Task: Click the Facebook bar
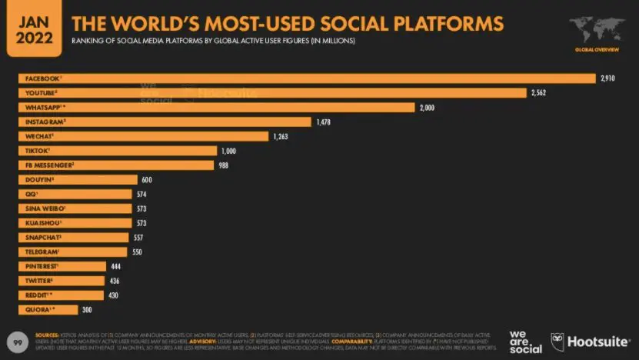(x=308, y=78)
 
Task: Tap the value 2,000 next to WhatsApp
(x=427, y=107)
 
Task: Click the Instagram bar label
(x=43, y=122)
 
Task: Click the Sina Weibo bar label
(x=45, y=208)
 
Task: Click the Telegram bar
(x=73, y=252)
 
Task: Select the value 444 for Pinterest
(x=115, y=266)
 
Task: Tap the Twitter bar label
(x=38, y=280)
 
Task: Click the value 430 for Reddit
(x=114, y=295)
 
